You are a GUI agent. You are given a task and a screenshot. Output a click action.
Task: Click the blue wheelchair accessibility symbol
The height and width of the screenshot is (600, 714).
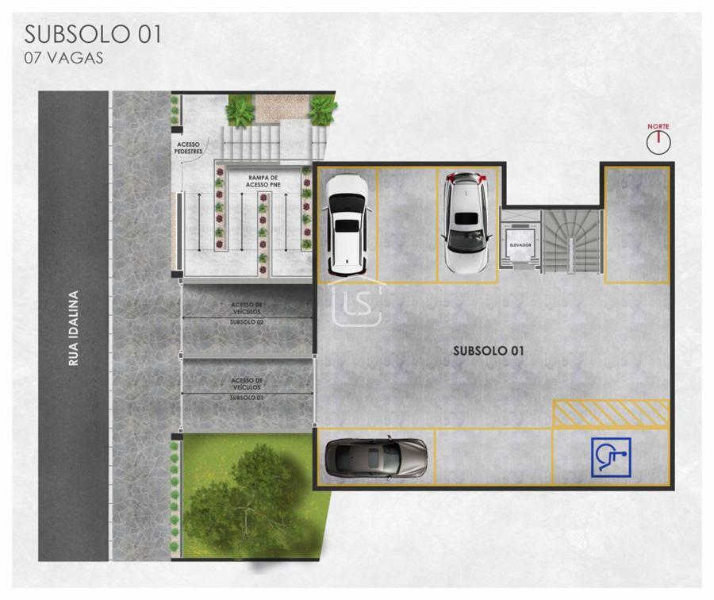coord(611,457)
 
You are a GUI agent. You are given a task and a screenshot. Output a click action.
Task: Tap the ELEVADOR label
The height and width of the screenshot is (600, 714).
coord(520,245)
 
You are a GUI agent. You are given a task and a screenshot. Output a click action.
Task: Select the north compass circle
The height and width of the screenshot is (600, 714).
coord(658,143)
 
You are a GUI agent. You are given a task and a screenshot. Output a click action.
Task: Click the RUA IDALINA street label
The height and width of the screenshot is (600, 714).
coord(73,328)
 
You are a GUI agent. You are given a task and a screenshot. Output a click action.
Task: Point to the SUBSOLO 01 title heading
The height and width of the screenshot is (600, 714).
coord(93,34)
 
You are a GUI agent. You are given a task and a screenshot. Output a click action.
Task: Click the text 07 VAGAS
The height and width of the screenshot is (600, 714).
coord(63,58)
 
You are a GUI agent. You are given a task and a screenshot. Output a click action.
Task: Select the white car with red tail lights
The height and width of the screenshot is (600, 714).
coord(466,222)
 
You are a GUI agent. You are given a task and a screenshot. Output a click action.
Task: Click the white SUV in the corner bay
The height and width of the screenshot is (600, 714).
coord(347,226)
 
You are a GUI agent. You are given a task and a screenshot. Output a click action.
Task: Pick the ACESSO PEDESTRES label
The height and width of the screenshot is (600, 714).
coord(188,148)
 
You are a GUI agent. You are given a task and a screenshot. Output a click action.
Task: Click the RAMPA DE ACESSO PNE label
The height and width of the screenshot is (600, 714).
coord(263,181)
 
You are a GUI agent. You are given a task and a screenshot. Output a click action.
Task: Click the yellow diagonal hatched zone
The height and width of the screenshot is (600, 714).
coord(611,413)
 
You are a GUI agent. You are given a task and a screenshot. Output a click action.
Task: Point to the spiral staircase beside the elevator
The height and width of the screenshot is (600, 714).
coord(572,241)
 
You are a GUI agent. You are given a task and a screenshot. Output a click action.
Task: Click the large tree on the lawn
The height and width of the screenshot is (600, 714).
coord(246,497)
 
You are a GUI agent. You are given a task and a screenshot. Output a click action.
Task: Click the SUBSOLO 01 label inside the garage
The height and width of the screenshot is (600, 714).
coord(488,351)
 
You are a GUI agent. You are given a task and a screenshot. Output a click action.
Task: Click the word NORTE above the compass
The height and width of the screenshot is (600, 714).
coord(658,126)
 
